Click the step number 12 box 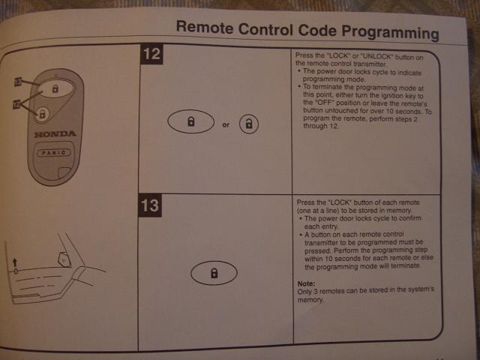pos(151,54)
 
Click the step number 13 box pos(150,205)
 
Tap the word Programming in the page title pos(390,32)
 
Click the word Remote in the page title pos(205,27)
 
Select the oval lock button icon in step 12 pos(190,121)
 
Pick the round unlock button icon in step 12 pos(249,124)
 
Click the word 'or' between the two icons pos(226,124)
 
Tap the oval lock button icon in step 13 pos(214,273)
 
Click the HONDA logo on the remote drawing pos(55,134)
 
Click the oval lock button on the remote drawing pos(55,88)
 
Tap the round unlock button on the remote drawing pos(42,115)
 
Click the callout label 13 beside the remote pos(18,82)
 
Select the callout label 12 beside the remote pos(16,105)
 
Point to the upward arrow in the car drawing pos(15,263)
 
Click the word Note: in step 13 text pos(306,283)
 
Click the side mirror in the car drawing pos(64,259)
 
